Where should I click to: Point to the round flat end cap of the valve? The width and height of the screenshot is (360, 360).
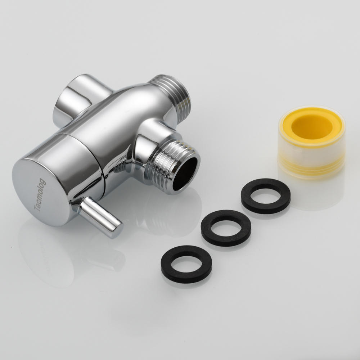click(x=43, y=192)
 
